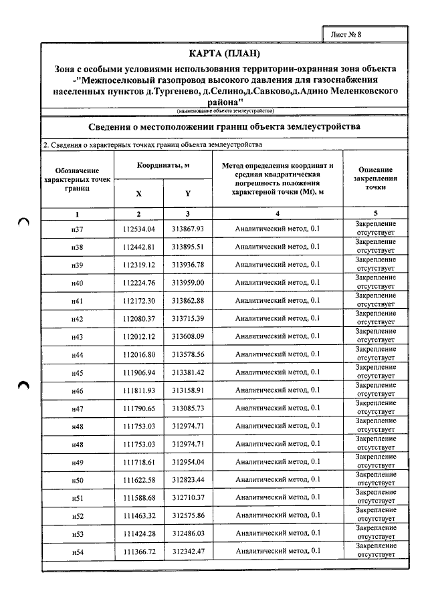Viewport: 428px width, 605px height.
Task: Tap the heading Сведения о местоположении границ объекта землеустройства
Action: coord(225,126)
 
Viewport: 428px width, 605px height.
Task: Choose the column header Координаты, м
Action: coord(163,165)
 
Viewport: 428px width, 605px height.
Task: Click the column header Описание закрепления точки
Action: coord(375,179)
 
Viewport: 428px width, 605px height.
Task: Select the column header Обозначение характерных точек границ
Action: coord(78,180)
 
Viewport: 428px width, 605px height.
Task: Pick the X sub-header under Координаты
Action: coord(139,193)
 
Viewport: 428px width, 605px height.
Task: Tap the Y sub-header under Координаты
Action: coord(187,193)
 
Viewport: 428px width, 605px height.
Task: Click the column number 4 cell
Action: coord(278,214)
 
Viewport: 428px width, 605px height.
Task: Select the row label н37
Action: coord(78,229)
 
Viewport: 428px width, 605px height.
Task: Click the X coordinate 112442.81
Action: coord(139,247)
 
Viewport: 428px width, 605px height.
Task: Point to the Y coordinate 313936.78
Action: coord(187,265)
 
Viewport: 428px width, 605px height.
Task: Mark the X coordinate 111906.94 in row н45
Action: coord(139,372)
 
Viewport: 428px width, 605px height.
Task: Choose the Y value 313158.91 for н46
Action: coord(187,390)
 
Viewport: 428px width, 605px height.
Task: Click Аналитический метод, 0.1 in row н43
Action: coord(278,336)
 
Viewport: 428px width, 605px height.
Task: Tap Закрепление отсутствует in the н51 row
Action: coord(375,497)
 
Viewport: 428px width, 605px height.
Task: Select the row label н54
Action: coord(78,552)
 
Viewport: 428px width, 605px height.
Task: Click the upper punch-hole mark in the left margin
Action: coord(24,225)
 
